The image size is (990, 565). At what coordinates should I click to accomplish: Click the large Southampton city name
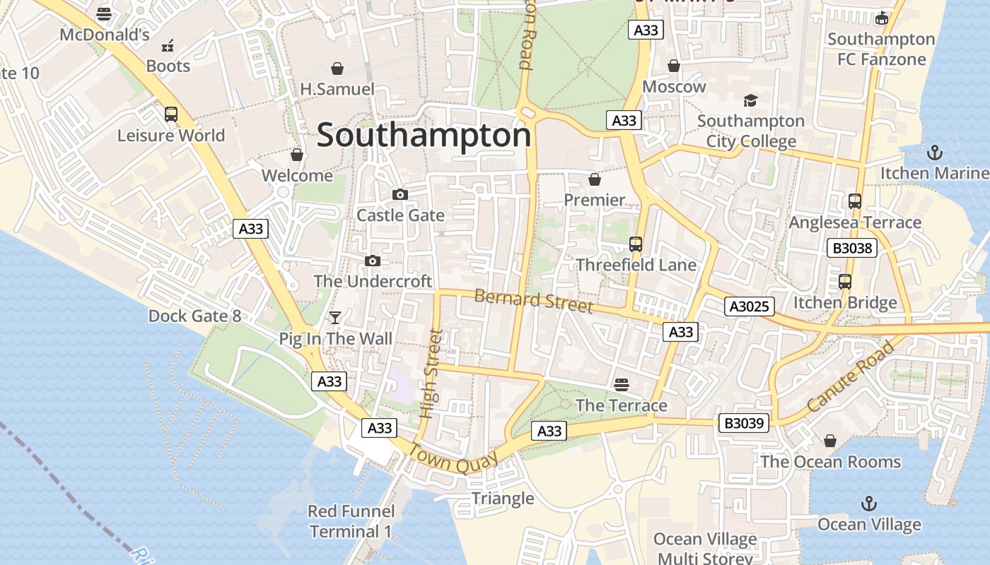click(x=423, y=135)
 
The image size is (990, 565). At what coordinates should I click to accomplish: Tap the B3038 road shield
click(x=851, y=248)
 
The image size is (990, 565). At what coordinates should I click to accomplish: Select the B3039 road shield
click(x=744, y=423)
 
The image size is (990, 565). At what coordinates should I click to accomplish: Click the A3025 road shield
click(x=750, y=307)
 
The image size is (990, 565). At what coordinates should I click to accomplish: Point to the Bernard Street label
click(x=533, y=300)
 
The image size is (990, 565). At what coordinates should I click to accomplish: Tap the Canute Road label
click(x=849, y=377)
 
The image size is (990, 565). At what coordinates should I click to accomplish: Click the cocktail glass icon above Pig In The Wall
click(x=335, y=318)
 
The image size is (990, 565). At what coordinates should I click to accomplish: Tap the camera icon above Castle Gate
click(x=400, y=194)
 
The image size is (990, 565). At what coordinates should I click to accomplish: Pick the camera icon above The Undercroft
click(x=373, y=261)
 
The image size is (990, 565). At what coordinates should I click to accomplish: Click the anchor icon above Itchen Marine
click(x=935, y=152)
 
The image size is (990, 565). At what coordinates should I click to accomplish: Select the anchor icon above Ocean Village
click(x=869, y=504)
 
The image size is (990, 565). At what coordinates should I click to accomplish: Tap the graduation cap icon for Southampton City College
click(x=750, y=100)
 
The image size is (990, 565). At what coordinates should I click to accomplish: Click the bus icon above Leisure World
click(x=170, y=114)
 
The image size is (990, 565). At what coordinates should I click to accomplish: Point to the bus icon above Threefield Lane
click(x=636, y=244)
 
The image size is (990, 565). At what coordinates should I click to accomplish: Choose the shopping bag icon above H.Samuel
click(x=337, y=69)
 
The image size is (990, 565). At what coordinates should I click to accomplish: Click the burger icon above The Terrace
click(x=622, y=384)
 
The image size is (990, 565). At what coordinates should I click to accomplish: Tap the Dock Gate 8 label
click(x=194, y=316)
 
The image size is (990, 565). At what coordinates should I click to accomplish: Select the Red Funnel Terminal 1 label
click(x=351, y=521)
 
